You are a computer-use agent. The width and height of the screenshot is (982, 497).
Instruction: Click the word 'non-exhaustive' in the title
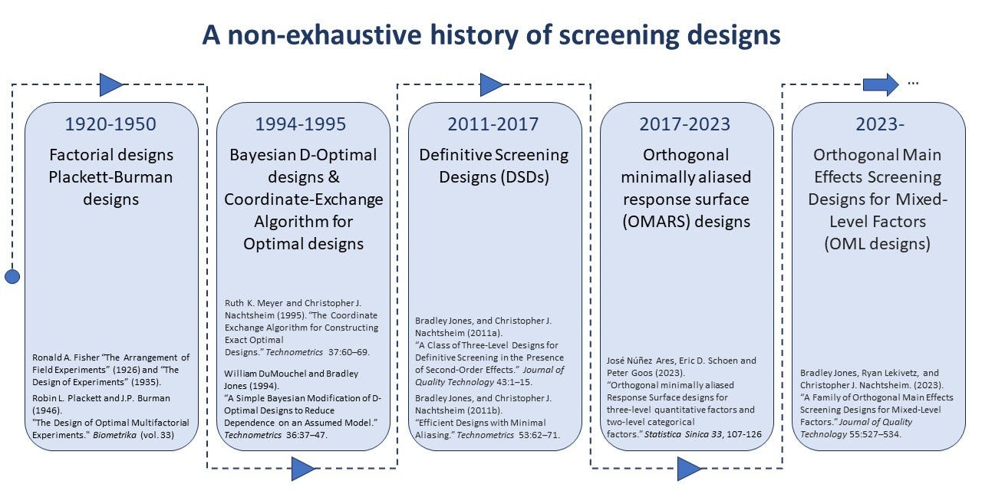click(x=325, y=35)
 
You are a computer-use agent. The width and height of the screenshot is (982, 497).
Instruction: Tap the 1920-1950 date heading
click(x=110, y=124)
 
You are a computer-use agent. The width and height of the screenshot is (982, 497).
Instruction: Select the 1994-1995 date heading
click(x=301, y=124)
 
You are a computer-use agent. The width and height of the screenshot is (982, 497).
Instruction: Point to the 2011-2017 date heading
click(x=493, y=124)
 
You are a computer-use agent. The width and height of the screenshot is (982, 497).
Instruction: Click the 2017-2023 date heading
click(x=685, y=124)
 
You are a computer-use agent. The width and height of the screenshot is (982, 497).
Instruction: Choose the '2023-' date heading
click(x=880, y=124)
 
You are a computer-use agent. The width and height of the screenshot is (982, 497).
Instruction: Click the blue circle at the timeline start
click(x=12, y=277)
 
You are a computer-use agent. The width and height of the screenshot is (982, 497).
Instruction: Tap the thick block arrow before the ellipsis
click(x=881, y=84)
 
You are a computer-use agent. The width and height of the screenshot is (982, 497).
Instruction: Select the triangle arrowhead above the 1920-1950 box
click(x=112, y=84)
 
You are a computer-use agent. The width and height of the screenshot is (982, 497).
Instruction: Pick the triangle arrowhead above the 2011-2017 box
click(x=493, y=84)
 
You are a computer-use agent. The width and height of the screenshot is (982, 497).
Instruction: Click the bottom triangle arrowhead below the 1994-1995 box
click(x=303, y=469)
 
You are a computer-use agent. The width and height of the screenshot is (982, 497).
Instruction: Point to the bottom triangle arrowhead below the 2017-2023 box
click(x=689, y=469)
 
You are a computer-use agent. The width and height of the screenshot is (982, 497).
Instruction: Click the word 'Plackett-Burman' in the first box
click(x=110, y=177)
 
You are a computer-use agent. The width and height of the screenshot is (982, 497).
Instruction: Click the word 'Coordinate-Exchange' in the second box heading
click(x=303, y=199)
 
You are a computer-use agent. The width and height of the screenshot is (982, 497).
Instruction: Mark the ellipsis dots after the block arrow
click(x=913, y=84)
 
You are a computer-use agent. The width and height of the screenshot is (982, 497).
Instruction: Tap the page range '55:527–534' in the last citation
click(x=875, y=434)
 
